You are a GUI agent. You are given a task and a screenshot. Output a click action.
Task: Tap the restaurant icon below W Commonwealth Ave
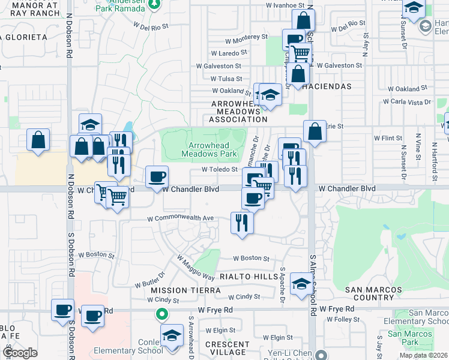(x=243, y=223)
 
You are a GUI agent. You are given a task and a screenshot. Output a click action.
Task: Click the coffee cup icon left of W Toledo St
(x=157, y=176)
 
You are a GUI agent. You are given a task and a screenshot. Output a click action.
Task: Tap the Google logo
(x=20, y=353)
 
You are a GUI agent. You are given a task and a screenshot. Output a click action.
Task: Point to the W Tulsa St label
(x=226, y=79)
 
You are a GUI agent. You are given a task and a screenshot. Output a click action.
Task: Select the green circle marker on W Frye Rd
(x=161, y=314)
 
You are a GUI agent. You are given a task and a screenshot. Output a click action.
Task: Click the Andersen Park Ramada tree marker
(x=154, y=4)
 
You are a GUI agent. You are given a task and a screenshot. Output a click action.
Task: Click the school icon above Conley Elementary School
(x=172, y=335)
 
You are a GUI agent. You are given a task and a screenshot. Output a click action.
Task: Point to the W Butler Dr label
(x=149, y=279)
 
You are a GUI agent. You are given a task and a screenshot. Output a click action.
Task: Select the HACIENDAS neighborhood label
(x=327, y=86)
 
